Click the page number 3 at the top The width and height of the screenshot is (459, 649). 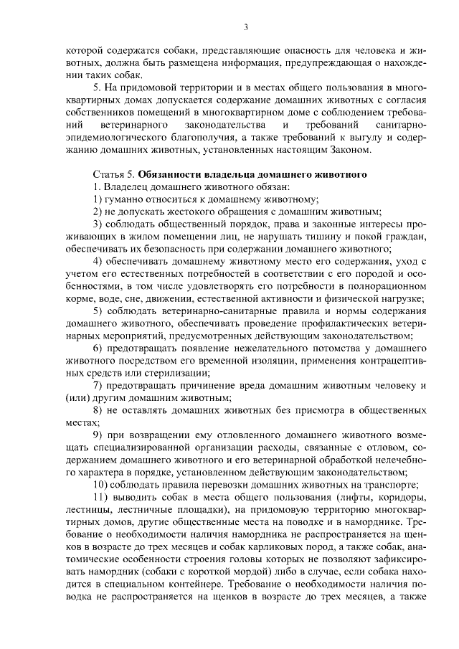pyautogui.click(x=245, y=27)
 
